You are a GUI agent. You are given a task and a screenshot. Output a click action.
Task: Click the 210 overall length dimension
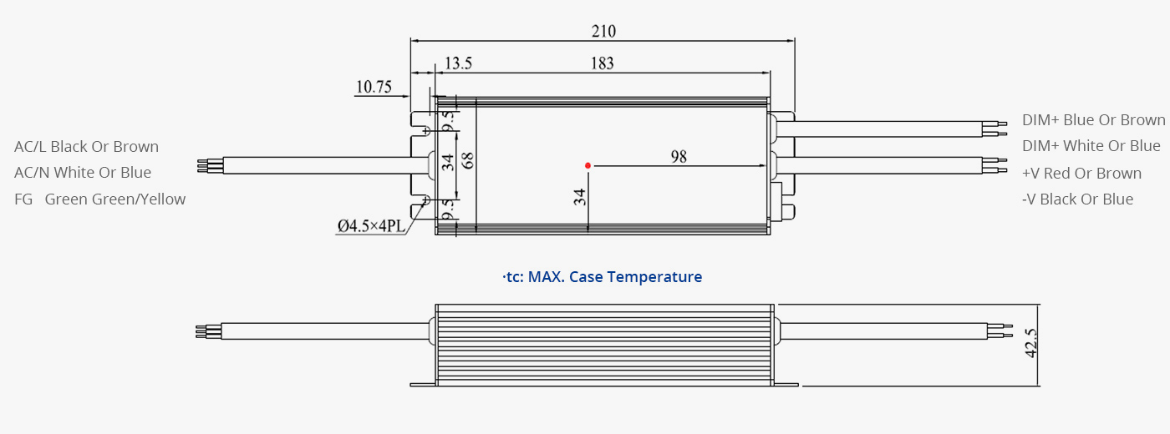click(603, 32)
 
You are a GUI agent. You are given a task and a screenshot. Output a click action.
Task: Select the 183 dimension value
click(602, 63)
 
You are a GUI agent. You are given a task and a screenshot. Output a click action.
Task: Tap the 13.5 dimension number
click(458, 63)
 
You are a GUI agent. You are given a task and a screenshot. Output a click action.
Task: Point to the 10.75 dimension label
click(374, 87)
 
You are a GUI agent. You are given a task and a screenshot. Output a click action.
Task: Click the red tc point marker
click(588, 165)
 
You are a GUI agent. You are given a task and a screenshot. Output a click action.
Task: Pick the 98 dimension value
click(679, 157)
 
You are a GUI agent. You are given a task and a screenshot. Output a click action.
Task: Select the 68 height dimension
click(468, 160)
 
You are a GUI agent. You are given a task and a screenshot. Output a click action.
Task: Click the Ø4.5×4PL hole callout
click(371, 226)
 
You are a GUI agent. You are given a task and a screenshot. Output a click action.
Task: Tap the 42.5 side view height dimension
click(1031, 343)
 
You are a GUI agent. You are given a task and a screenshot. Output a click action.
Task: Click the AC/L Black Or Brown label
click(86, 147)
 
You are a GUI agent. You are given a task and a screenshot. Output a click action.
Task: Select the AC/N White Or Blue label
click(83, 172)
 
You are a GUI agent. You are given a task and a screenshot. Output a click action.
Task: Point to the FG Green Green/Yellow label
click(99, 199)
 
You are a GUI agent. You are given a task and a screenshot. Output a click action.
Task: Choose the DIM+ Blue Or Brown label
click(1094, 120)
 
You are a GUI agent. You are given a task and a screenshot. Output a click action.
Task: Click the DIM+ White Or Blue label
click(1091, 145)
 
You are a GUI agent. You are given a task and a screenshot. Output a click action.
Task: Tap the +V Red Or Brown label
click(1081, 174)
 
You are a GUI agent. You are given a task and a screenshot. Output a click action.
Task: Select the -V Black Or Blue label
click(1077, 199)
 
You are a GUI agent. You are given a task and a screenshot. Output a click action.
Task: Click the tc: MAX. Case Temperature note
click(603, 276)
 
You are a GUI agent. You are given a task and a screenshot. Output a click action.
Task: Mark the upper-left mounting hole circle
click(425, 131)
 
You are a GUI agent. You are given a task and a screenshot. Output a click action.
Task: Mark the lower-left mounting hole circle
click(425, 199)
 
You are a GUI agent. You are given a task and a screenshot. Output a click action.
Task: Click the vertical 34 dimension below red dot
click(580, 197)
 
